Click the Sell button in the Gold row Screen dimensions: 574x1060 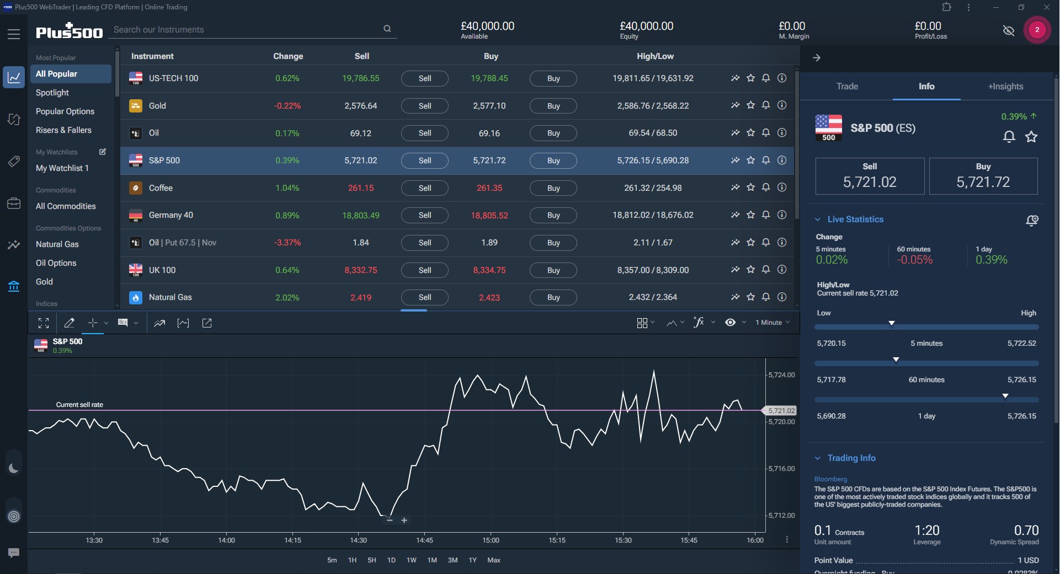click(x=424, y=106)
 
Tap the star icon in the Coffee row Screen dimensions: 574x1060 click(x=750, y=187)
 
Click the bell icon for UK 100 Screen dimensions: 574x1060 click(x=766, y=270)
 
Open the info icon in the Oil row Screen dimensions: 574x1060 click(x=782, y=133)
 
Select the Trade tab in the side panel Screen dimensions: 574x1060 click(x=847, y=87)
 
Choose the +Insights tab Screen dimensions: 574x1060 click(x=1005, y=87)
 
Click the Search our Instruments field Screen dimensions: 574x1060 click(x=246, y=30)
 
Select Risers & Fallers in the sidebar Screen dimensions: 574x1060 click(x=63, y=130)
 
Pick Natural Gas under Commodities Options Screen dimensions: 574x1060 click(x=57, y=244)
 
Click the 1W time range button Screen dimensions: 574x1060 click(x=412, y=560)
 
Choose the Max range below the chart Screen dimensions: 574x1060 click(x=494, y=560)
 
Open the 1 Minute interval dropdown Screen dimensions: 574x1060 click(x=772, y=323)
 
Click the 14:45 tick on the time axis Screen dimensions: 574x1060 click(x=424, y=540)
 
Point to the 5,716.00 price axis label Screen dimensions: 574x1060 click(x=781, y=469)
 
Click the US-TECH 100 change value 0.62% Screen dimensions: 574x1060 click(x=287, y=78)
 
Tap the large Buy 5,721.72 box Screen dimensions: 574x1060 click(x=983, y=176)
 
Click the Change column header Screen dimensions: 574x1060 click(x=288, y=56)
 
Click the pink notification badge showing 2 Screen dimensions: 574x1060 click(x=1037, y=30)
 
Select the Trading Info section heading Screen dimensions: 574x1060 click(x=851, y=458)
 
